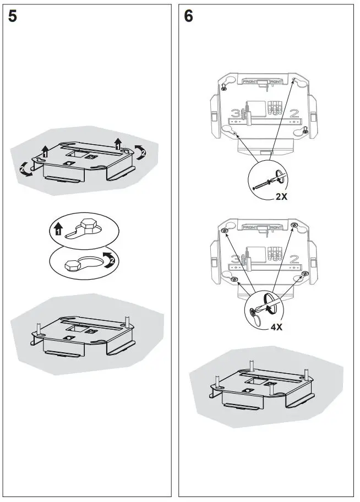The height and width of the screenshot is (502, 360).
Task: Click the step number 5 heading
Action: coord(13,16)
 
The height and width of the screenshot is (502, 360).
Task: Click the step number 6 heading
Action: coord(188,16)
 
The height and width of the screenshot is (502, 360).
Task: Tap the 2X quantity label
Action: coord(281,197)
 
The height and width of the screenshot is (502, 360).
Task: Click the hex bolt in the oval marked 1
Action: coord(88,226)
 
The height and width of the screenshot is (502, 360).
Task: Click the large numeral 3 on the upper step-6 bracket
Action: coord(236,114)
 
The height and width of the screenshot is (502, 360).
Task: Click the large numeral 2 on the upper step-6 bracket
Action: coord(294,114)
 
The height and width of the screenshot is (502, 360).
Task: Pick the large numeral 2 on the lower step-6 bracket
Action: coord(294,259)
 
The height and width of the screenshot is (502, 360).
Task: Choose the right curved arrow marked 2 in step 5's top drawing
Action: coord(141,154)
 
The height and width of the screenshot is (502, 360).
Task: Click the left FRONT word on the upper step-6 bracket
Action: coord(250,81)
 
